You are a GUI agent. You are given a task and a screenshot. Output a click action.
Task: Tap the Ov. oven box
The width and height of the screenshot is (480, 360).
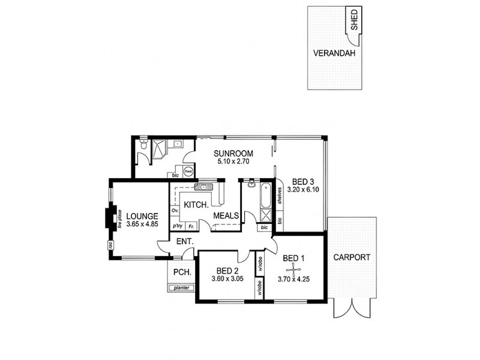[x=176, y=211]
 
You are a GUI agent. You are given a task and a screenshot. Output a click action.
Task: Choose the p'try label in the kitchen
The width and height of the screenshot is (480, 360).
[x=177, y=226]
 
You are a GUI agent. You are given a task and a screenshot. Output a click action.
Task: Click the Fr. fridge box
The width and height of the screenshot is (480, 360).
[x=190, y=226]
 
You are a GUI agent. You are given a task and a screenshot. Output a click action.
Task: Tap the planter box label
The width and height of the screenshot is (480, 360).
[x=181, y=288]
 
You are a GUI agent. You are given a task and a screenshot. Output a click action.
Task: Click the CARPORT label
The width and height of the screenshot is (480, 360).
[x=352, y=257]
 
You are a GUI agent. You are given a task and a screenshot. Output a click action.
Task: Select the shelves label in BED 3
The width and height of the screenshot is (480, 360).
[x=280, y=198]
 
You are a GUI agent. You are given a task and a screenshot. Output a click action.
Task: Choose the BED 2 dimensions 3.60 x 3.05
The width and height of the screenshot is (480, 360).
[x=227, y=279]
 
